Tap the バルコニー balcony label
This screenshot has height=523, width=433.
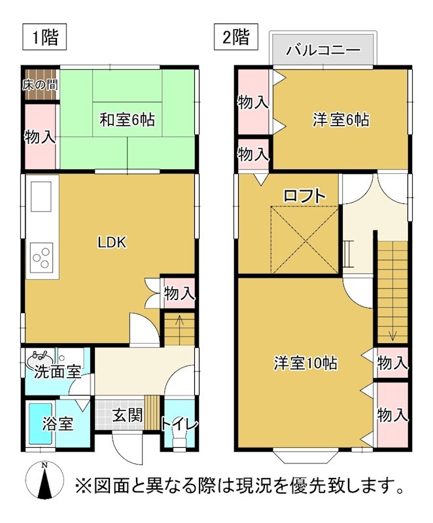coord(324,50)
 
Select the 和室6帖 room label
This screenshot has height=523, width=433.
coord(127,120)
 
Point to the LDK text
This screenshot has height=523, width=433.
coord(112,242)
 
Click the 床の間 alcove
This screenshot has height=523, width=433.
coord(39,84)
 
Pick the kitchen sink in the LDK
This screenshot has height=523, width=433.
coord(41,195)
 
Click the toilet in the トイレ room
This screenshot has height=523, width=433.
coord(178,437)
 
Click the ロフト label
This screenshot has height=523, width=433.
coord(305,195)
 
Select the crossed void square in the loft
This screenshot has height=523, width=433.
coord(305,239)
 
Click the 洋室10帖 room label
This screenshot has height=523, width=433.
coord(305,363)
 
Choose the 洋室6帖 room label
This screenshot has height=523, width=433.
coord(340,120)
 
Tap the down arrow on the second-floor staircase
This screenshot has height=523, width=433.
coord(392,335)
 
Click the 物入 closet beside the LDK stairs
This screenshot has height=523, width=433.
coord(179,294)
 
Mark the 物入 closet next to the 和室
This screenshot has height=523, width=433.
coord(39,137)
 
